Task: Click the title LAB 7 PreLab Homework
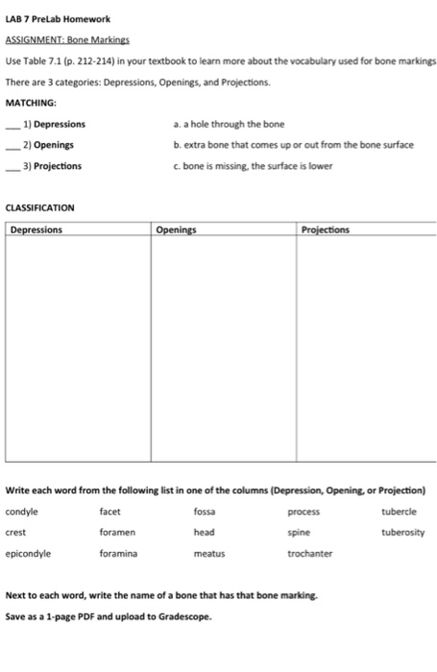click(x=58, y=19)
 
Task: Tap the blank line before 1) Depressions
click(x=12, y=125)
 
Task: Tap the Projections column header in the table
click(x=326, y=230)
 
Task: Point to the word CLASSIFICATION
click(x=40, y=207)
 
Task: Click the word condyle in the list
click(x=22, y=512)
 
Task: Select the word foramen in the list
click(x=117, y=532)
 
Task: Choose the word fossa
click(x=205, y=512)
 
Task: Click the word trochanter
click(x=309, y=553)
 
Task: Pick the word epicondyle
click(x=29, y=553)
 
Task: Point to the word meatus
click(x=208, y=553)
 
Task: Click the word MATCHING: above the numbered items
click(x=31, y=103)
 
